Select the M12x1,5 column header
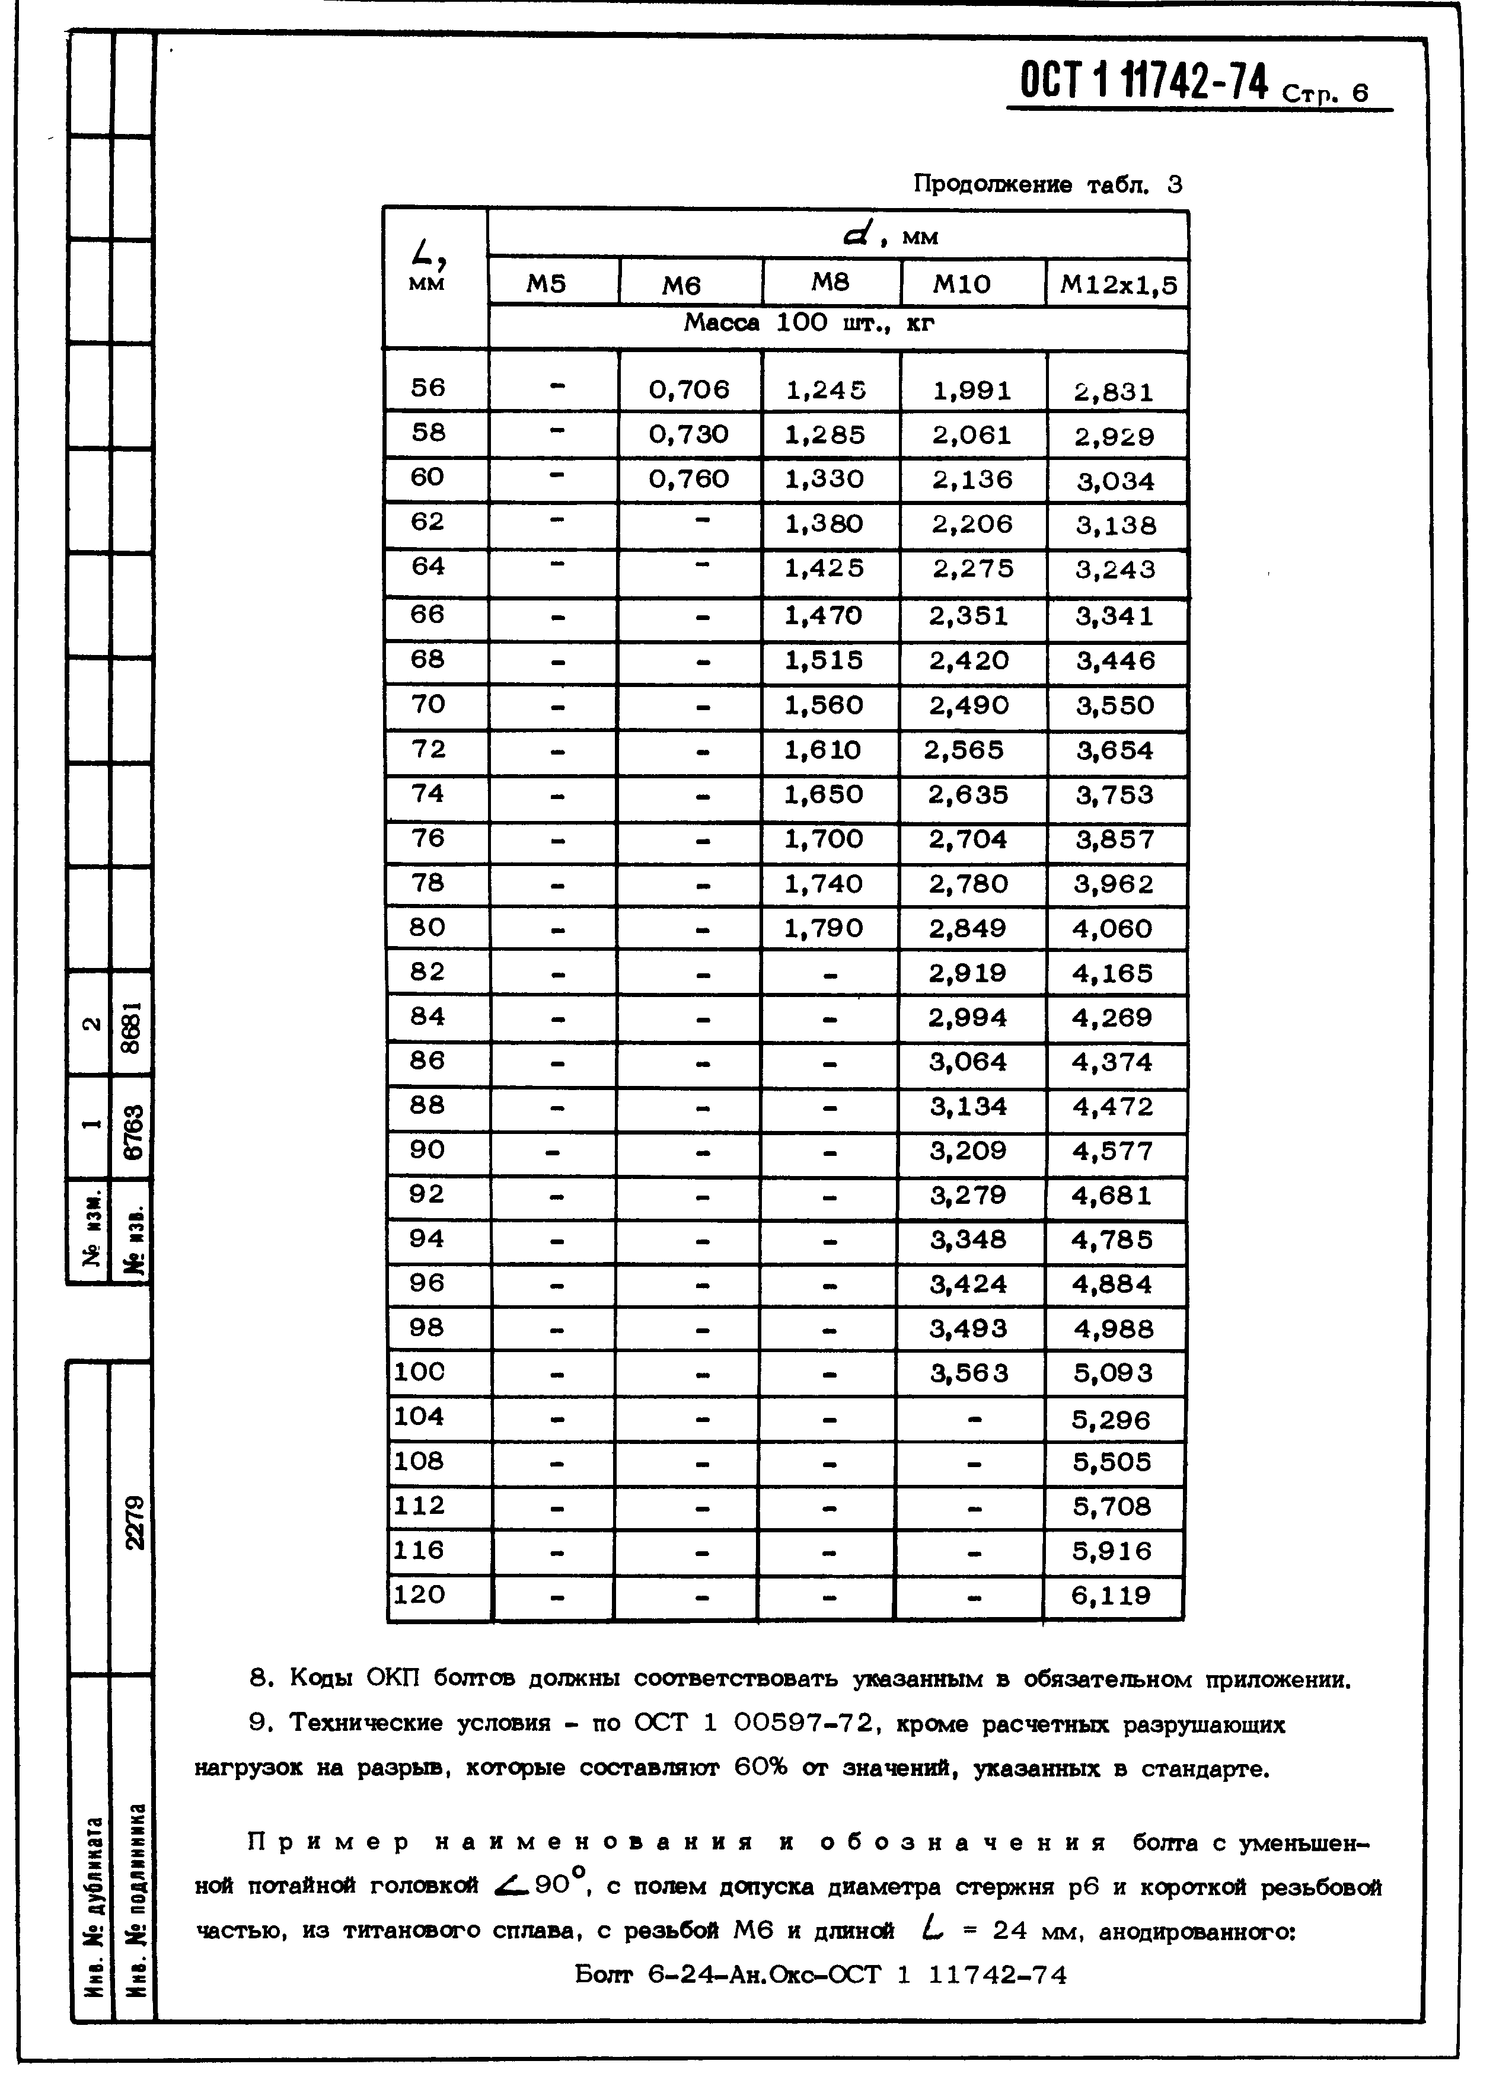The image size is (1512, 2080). pyautogui.click(x=1118, y=285)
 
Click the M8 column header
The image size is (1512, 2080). pyautogui.click(x=830, y=283)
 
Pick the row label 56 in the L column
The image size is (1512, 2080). pyautogui.click(x=428, y=388)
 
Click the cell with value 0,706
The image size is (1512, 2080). pyautogui.click(x=689, y=390)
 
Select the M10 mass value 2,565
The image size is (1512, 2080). pyautogui.click(x=964, y=750)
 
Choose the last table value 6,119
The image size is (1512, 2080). pyautogui.click(x=1111, y=1597)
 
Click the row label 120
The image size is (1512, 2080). pyautogui.click(x=419, y=1595)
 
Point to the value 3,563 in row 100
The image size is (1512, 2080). pyautogui.click(x=969, y=1373)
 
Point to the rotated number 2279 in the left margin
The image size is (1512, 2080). pyautogui.click(x=134, y=1522)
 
